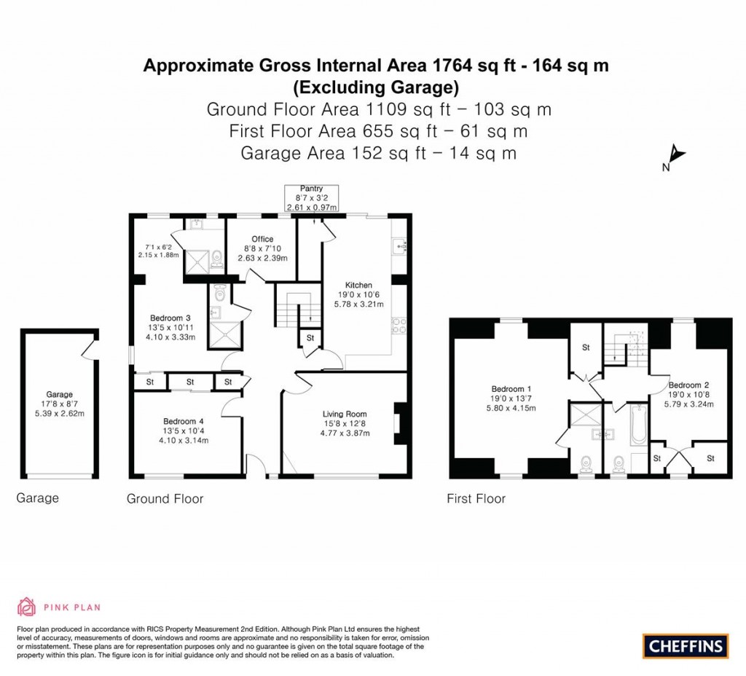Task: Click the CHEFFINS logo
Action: coord(686,645)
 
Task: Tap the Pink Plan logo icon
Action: coord(26,606)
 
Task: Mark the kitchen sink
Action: coord(399,248)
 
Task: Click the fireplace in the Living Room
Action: coord(398,424)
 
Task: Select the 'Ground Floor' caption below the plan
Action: coord(165,499)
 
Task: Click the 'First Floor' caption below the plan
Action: coord(476,499)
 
